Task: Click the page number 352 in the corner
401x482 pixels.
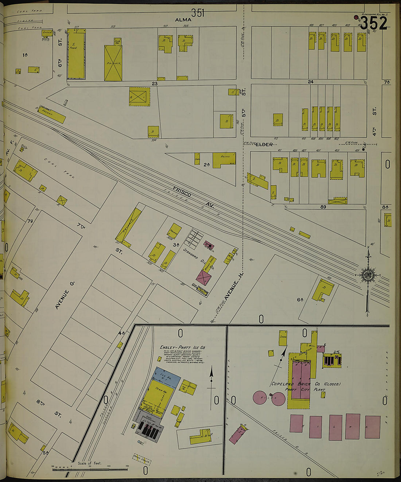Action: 373,24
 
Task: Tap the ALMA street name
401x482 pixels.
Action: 183,20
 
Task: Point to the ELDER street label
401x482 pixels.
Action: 264,145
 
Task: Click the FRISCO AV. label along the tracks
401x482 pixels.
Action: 193,198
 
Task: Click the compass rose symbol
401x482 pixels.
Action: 367,275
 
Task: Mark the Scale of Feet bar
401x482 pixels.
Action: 90,469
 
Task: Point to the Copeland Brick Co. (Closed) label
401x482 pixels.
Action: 305,384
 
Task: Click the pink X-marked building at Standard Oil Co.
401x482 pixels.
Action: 204,278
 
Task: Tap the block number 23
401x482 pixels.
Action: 155,83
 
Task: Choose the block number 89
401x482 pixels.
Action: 323,207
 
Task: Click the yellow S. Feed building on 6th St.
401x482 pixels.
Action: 76,54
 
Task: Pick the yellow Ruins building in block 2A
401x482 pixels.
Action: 224,159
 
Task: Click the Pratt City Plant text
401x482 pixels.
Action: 305,389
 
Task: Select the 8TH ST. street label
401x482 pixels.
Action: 48,408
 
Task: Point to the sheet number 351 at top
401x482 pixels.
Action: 198,13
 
